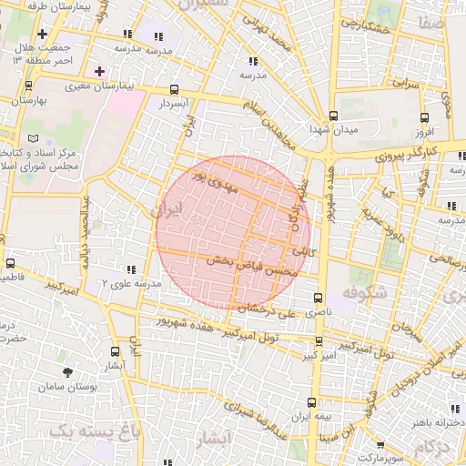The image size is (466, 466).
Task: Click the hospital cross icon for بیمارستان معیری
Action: point(99,70)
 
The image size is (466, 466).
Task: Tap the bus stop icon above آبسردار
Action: point(174,90)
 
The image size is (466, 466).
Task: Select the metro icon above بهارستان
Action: point(28,86)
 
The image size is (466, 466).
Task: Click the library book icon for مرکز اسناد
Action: point(34,138)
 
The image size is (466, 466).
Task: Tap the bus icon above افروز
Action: point(423,117)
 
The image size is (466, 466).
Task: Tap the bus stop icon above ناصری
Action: point(318,298)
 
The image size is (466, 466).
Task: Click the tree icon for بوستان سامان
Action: point(68,372)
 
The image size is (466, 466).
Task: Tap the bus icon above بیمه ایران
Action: point(312,402)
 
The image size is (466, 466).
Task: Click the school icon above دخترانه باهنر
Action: point(454,409)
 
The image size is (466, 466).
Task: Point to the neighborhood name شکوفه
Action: point(365,292)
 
